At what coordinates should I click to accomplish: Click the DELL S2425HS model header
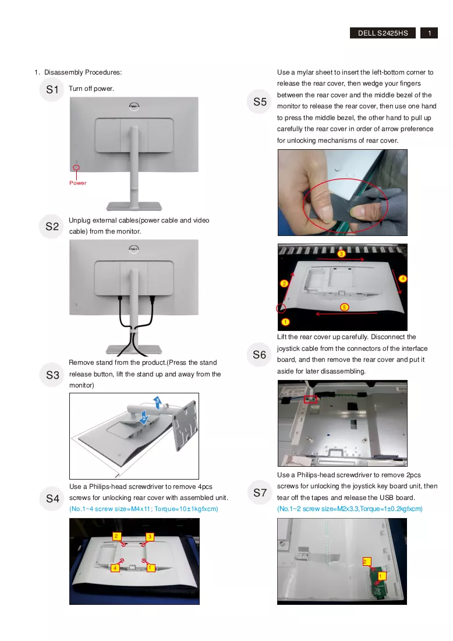coord(383,33)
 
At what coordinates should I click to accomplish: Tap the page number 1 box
coord(429,33)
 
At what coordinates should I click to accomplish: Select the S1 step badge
coord(52,90)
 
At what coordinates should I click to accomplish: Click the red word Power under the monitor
coord(77,183)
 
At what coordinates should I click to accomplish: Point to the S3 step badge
coord(52,375)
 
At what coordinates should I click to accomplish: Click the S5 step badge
coord(259,101)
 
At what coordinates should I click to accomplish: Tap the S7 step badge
coord(259,492)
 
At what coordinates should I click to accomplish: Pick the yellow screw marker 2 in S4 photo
coord(116,536)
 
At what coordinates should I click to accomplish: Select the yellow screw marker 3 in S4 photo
coord(150,536)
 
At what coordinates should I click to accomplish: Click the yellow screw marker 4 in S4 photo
coord(115,568)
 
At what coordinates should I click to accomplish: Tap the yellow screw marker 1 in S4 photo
coord(150,568)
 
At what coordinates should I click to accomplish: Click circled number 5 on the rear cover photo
coord(344,307)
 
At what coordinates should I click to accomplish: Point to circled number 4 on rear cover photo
coord(403,279)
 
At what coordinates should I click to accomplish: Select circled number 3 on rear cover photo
coord(341,254)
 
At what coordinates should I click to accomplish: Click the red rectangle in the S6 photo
coord(310,399)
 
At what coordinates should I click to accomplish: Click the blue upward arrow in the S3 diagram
coord(157,402)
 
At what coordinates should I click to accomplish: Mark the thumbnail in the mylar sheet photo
coord(358,212)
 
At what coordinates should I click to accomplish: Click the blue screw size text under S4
coord(143,509)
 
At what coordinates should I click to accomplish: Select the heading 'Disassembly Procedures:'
coord(83,72)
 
